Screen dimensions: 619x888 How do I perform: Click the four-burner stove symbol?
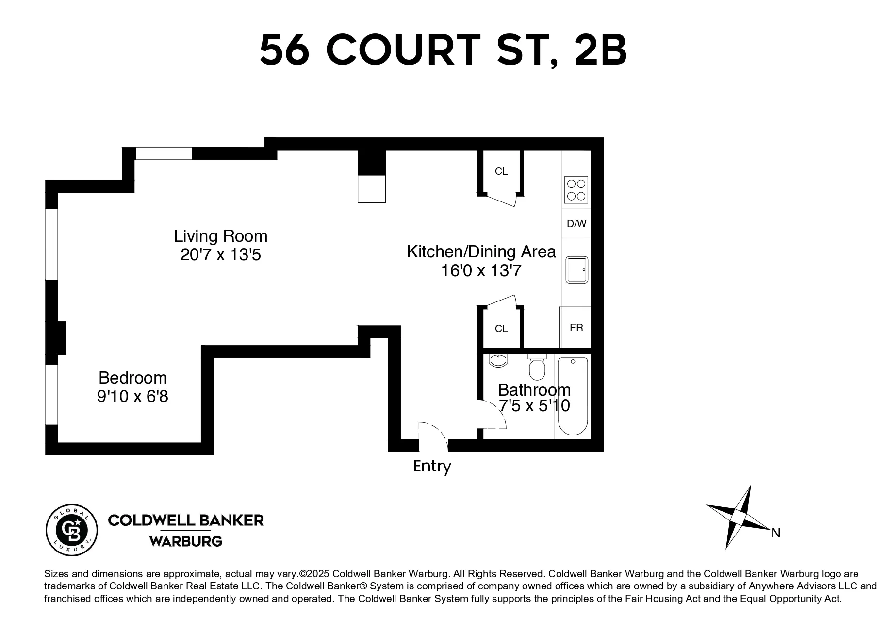(576, 190)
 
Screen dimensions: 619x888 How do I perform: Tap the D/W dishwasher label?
(576, 224)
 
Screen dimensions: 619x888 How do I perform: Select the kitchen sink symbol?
(576, 269)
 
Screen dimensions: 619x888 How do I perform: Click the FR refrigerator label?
(576, 328)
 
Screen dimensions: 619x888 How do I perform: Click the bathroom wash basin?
(498, 361)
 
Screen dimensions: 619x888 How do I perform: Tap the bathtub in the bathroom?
(573, 396)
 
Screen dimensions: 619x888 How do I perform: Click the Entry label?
(432, 466)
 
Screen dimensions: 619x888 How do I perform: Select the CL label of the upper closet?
(501, 171)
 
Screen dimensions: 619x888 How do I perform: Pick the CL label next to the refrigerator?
(501, 329)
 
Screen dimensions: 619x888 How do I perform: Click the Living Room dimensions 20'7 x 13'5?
(221, 255)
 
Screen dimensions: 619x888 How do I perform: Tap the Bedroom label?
(132, 378)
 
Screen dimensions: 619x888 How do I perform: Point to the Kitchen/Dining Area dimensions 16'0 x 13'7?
(481, 270)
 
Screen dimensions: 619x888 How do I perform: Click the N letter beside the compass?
(775, 533)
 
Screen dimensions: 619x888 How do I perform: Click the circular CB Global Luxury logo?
(72, 530)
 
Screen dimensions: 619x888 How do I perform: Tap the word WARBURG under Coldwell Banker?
(186, 541)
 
